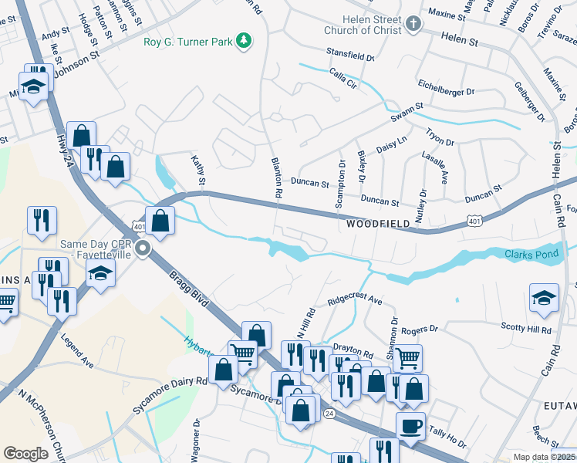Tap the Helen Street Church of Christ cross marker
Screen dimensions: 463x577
pyautogui.click(x=413, y=24)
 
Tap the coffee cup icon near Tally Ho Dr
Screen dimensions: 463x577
pyautogui.click(x=410, y=426)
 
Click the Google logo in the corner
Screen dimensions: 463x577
pyautogui.click(x=25, y=454)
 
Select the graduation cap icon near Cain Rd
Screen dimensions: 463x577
pyautogui.click(x=543, y=300)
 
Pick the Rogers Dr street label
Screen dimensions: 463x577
pyautogui.click(x=419, y=329)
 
